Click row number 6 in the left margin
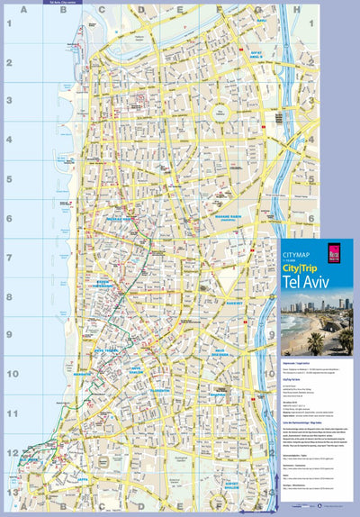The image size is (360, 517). coord(10,218)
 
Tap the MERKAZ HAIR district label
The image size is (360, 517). coord(118,218)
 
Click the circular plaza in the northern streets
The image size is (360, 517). coord(219,113)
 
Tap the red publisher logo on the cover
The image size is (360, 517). coord(343,258)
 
